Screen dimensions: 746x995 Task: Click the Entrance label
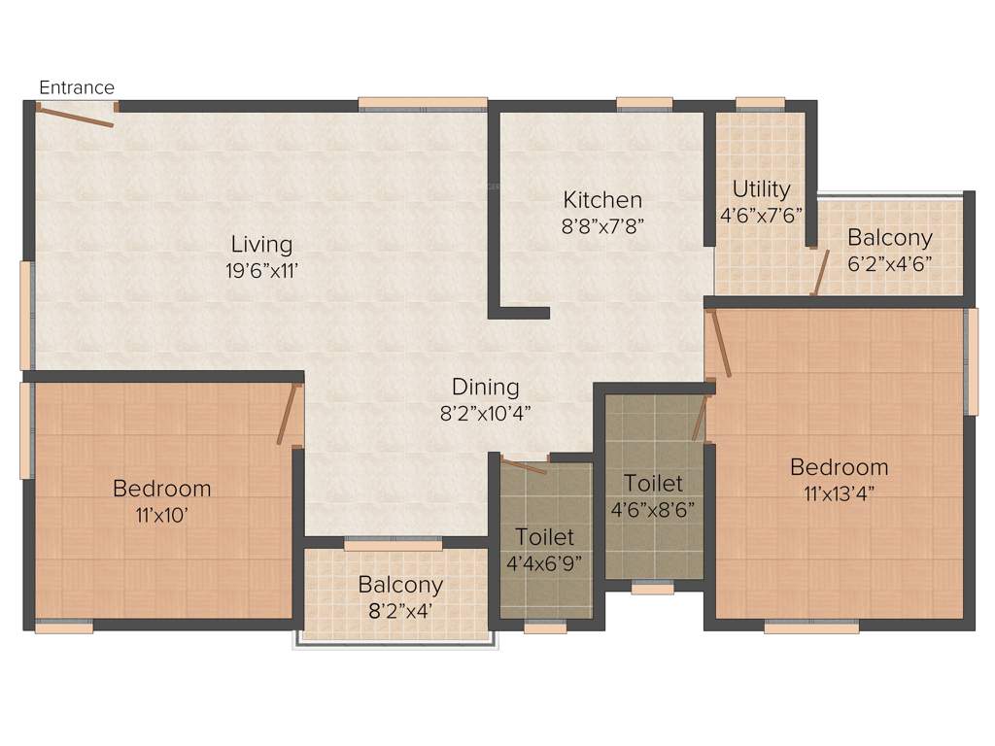point(77,87)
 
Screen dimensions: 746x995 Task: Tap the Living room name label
point(261,244)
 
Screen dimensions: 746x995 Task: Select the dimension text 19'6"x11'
point(261,271)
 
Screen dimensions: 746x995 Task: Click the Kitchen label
point(602,200)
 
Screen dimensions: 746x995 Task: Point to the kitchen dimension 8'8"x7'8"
point(602,224)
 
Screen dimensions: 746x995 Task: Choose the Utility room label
point(761,188)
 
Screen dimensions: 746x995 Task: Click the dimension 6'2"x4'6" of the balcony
point(889,262)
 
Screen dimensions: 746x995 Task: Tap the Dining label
point(485,387)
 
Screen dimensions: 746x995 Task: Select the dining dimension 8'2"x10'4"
point(485,412)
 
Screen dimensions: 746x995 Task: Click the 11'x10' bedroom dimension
point(161,515)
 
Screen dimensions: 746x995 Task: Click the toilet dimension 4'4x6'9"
point(544,561)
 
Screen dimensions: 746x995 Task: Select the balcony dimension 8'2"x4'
point(400,611)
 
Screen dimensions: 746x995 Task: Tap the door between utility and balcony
point(820,273)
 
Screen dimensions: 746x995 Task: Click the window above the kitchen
point(643,103)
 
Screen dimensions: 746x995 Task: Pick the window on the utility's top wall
point(760,103)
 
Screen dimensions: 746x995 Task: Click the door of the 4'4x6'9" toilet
point(524,465)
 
